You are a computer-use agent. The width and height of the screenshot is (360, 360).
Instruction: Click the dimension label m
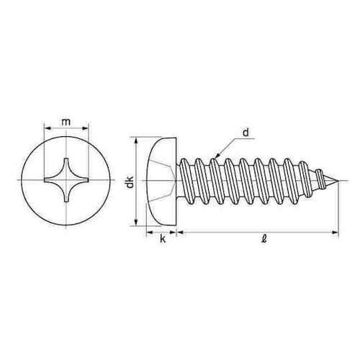tap(66, 122)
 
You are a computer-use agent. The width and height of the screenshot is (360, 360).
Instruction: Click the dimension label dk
tap(130, 182)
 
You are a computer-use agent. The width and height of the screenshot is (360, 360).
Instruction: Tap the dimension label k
tap(163, 239)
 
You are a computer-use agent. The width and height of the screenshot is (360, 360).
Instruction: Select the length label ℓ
tap(264, 239)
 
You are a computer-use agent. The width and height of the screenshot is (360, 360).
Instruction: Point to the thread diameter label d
tap(246, 132)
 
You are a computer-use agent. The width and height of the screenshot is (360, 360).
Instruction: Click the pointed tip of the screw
tap(338, 181)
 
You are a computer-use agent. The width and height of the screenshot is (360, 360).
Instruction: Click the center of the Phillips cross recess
tap(66, 180)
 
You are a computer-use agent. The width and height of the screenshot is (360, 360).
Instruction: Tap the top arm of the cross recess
tap(66, 166)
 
